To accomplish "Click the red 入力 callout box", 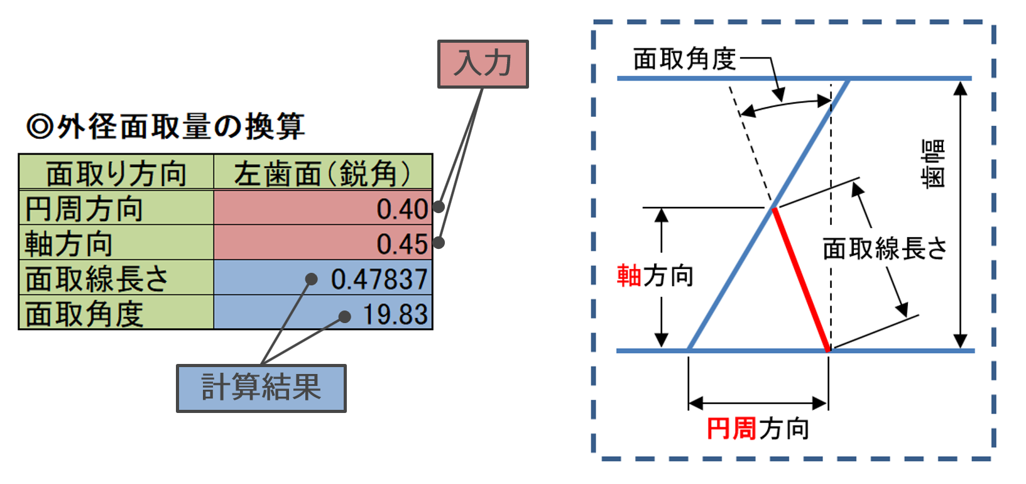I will coord(483,64).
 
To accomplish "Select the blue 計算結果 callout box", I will coord(261,388).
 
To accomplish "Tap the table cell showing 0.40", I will coord(323,208).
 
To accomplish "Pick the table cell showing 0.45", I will coord(323,243).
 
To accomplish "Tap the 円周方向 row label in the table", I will coord(84,208).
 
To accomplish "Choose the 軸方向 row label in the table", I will coord(68,243).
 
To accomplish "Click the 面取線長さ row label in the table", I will coord(97,278).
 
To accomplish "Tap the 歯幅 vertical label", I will coord(933,163).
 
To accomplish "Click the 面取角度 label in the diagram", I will coord(684,59).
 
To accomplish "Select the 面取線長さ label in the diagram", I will coord(885,249).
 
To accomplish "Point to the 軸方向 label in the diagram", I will coord(655,275).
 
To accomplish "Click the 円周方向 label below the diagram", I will coord(758,429).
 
